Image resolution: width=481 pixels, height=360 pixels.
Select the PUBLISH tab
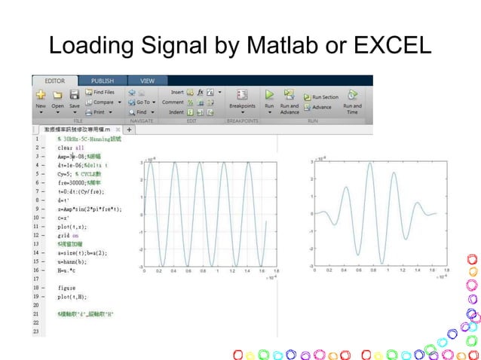tap(103, 80)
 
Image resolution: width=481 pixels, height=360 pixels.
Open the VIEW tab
tap(147, 80)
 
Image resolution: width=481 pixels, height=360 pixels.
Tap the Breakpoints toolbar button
tap(242, 99)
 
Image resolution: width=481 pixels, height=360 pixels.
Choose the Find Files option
tap(100, 92)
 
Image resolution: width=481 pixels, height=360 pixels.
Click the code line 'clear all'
tap(69, 148)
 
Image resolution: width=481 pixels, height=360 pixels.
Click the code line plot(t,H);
tap(71, 297)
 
